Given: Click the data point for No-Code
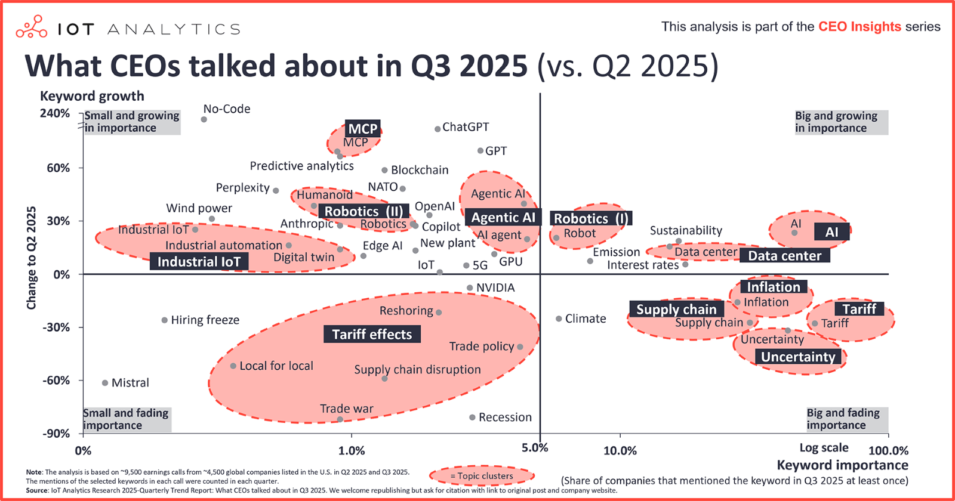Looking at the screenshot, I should [204, 119].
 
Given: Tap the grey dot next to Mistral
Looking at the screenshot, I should [105, 383].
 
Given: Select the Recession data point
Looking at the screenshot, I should [472, 417].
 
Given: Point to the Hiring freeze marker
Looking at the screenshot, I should [165, 320].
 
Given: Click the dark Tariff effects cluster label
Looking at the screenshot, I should [372, 334].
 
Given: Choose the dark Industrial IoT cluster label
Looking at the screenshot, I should [199, 262].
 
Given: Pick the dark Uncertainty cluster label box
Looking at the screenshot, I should [798, 357].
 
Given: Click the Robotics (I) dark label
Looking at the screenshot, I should [590, 218].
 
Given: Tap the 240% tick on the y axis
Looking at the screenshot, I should [55, 113].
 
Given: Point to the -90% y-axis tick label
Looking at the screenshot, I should [56, 434].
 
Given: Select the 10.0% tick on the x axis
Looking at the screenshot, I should [620, 451].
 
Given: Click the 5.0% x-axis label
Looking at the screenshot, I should [534, 448].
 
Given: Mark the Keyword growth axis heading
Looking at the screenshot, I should [92, 96].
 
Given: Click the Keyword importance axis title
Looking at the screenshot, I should [842, 465].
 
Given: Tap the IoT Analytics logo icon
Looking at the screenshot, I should [32, 27].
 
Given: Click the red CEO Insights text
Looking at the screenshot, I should [860, 27].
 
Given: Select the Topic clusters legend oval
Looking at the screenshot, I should [481, 476].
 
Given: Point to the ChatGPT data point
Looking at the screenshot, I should [438, 129].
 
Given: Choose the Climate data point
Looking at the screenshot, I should [559, 319].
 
